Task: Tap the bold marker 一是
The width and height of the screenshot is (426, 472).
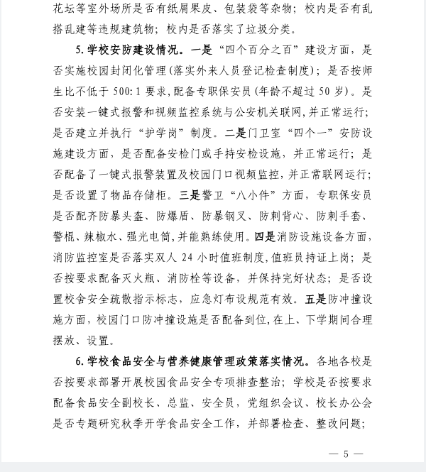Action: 202,50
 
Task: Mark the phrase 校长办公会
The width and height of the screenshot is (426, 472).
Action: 346,403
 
